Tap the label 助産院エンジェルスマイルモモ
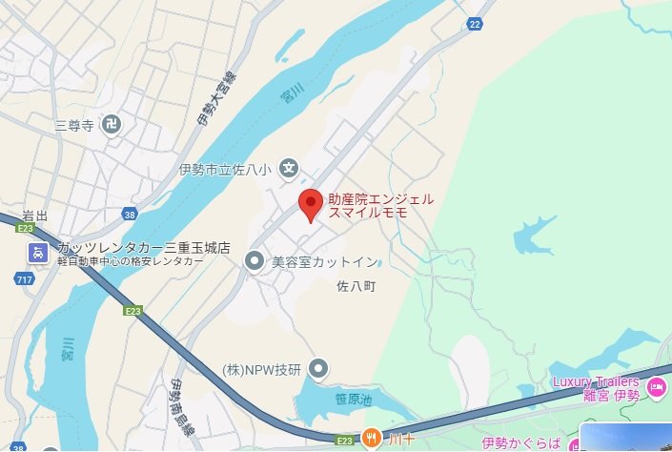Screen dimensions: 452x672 [380, 206]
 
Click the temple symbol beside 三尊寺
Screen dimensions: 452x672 [112, 124]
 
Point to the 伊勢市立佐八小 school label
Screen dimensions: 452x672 [225, 170]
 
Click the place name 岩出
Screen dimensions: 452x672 [35, 215]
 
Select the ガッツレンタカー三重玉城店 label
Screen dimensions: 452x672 [143, 247]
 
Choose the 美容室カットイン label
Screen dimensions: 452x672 [324, 260]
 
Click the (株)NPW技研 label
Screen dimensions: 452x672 [261, 369]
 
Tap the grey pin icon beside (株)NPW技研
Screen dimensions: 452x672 [319, 368]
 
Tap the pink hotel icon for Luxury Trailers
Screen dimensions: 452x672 [657, 387]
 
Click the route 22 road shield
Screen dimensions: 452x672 [475, 24]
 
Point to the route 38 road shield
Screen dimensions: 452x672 [130, 216]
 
